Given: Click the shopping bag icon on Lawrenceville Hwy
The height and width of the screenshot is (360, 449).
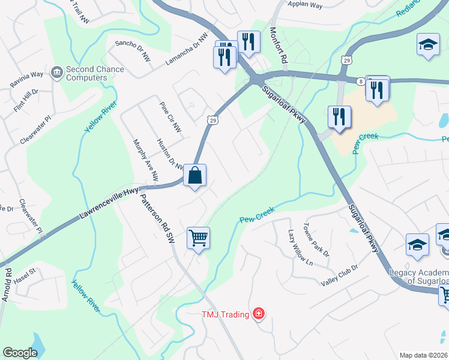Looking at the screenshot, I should (194, 176).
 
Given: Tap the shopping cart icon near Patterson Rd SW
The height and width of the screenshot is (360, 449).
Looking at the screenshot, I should (197, 238).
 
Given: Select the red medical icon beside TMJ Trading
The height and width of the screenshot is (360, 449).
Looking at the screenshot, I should (259, 313).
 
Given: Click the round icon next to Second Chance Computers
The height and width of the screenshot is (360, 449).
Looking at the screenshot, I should (57, 73).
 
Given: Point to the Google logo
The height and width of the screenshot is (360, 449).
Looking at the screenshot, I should (20, 353).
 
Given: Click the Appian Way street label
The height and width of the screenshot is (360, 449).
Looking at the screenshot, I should (305, 5).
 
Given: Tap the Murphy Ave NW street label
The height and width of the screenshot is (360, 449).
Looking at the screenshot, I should (145, 160).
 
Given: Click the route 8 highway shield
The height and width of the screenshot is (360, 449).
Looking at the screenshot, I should (360, 80).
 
